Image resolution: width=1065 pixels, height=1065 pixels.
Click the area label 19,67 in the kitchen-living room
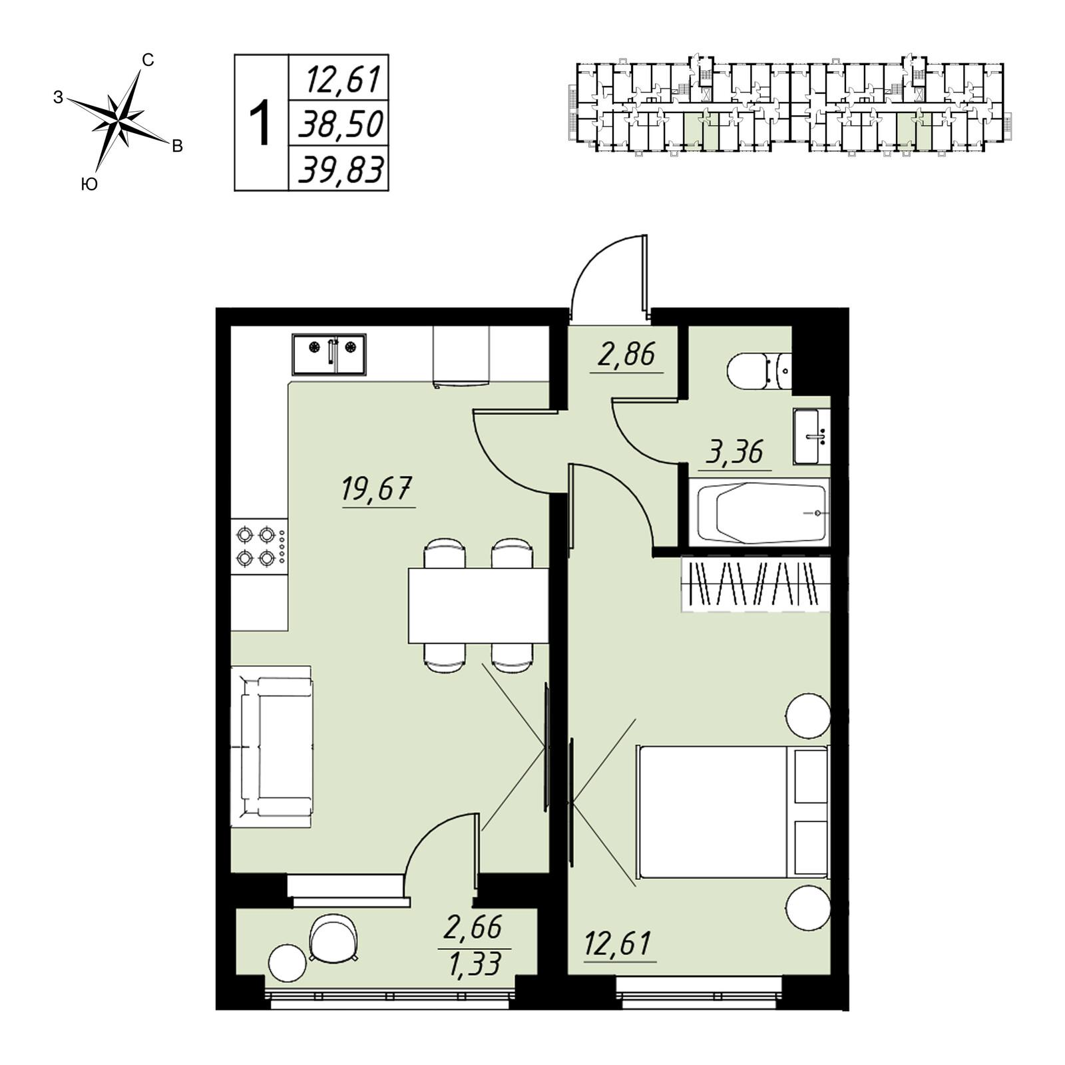[x=377, y=490]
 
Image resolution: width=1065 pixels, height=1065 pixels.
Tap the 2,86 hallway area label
[x=626, y=354]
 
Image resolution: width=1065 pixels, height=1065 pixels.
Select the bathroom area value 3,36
[x=735, y=452]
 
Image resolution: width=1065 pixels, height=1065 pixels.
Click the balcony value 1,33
[x=475, y=963]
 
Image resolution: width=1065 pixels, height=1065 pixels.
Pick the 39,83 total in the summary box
[x=341, y=170]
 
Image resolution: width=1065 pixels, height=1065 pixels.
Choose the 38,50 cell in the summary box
[x=341, y=124]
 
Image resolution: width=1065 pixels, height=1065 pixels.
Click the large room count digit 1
[x=261, y=123]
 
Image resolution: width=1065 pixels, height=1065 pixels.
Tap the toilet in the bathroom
[x=759, y=371]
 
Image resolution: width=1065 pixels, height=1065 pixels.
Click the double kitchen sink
[x=329, y=355]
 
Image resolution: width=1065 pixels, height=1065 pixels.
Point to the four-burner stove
[x=260, y=546]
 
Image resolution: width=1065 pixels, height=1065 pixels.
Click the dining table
[x=478, y=606]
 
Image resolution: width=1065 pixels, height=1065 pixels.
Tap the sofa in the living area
[x=272, y=747]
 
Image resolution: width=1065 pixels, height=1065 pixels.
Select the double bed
[x=732, y=811]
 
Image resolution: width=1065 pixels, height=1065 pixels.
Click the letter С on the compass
[x=148, y=61]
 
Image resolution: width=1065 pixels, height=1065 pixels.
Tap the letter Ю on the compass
[x=89, y=184]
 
